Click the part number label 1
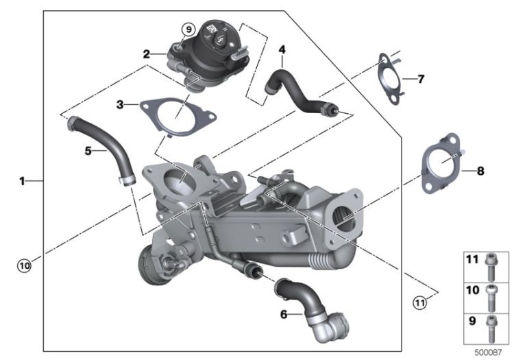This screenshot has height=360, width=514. point(22,180)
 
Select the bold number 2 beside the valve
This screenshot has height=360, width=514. point(147,53)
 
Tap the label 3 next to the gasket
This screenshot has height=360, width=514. point(120,105)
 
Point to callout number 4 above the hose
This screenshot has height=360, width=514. point(282,50)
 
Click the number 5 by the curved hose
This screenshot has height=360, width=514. point(88,151)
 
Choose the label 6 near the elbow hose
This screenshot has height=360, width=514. point(284,315)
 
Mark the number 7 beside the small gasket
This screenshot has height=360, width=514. point(421,79)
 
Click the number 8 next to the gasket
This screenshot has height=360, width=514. point(480,171)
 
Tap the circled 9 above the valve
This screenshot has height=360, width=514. point(189,29)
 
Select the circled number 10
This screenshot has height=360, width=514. point(24,265)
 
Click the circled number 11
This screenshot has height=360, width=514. point(420,302)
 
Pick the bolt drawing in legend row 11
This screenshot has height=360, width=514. point(491,267)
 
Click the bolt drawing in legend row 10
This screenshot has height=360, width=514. point(491,298)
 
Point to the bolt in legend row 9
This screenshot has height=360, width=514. point(491,328)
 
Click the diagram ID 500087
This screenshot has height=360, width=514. point(489,352)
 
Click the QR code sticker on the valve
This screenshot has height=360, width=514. point(211,29)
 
